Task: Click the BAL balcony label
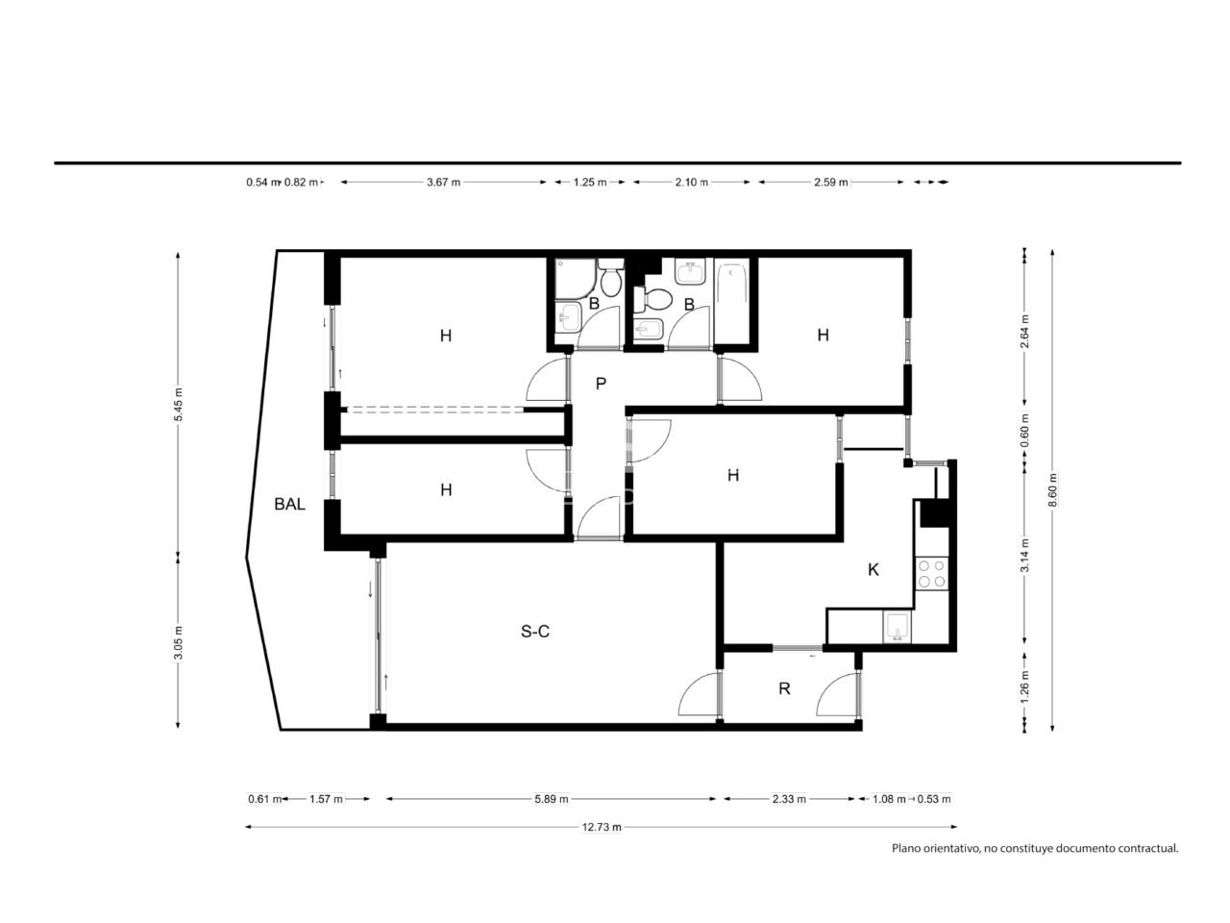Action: pos(289,505)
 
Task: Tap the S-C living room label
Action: pos(534,631)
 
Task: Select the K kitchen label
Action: pos(873,570)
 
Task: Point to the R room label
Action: pos(784,688)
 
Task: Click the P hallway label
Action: pos(601,384)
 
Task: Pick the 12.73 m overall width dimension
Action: pos(602,827)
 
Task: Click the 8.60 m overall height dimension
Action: pos(1052,489)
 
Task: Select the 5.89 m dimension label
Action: pos(552,799)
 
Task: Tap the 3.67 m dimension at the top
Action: pos(443,182)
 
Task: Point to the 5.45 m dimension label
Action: pos(178,404)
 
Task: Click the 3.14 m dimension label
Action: pos(1025,555)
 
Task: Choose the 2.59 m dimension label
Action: pos(831,182)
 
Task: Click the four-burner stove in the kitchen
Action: pos(932,573)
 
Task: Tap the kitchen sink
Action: pos(898,627)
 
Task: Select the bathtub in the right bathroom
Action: pos(731,301)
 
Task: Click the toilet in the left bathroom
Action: pos(611,277)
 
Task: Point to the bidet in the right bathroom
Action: pos(649,330)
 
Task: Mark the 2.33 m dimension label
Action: pos(789,799)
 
